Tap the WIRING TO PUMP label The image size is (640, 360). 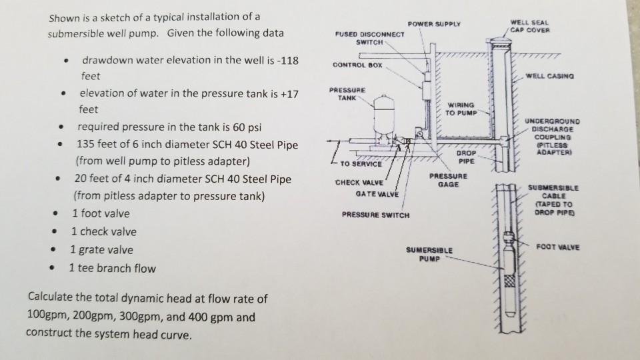(461, 108)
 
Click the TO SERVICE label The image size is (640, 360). (360, 163)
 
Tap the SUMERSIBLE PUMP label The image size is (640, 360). (429, 253)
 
